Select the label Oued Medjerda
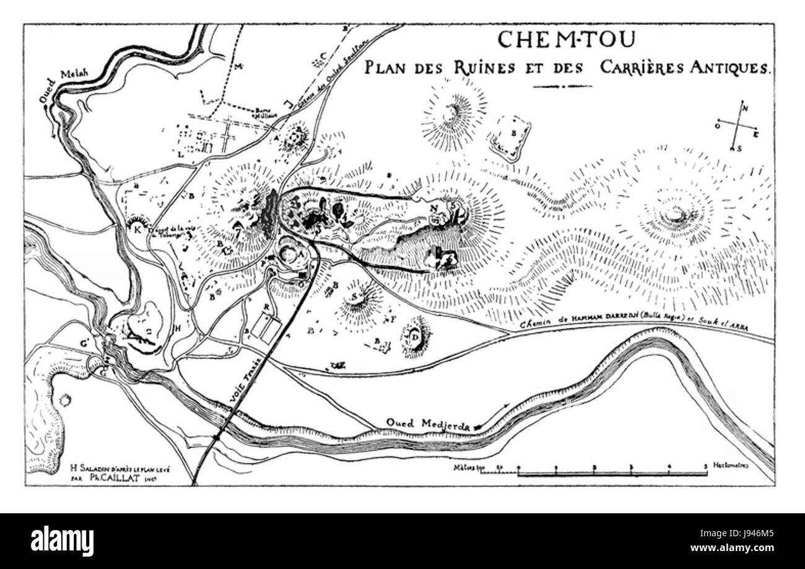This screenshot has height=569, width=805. coord(428,423)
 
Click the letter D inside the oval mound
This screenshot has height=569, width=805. coord(415,337)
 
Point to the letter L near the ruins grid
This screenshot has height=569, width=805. coord(180,155)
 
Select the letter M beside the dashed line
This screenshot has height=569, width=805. coord(238,66)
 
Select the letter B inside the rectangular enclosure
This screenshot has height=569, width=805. coord(513,133)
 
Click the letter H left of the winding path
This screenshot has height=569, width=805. coord(178,327)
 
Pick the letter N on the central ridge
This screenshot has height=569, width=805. coord(435,207)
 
